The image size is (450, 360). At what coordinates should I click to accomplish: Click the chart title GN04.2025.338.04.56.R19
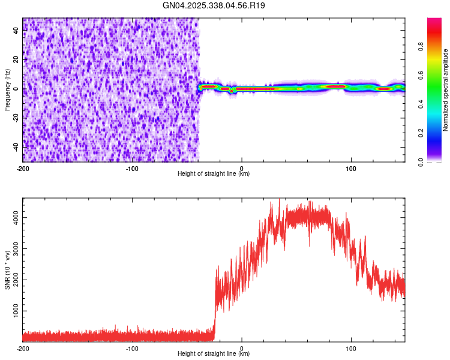pyautogui.click(x=214, y=5)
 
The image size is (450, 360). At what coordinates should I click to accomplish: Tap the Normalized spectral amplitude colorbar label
pyautogui.click(x=445, y=90)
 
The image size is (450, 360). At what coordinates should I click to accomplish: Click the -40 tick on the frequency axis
pyautogui.click(x=16, y=147)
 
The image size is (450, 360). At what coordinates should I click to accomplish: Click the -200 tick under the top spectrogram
pyautogui.click(x=23, y=167)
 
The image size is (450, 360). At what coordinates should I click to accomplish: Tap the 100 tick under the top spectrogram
pyautogui.click(x=351, y=167)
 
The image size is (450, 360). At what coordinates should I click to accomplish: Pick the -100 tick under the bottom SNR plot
pyautogui.click(x=132, y=348)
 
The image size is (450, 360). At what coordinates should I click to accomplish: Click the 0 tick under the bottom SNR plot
pyautogui.click(x=242, y=348)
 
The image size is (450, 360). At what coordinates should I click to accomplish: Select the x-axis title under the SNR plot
pyautogui.click(x=214, y=354)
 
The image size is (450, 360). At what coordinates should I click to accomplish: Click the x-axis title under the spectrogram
pyautogui.click(x=214, y=173)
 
